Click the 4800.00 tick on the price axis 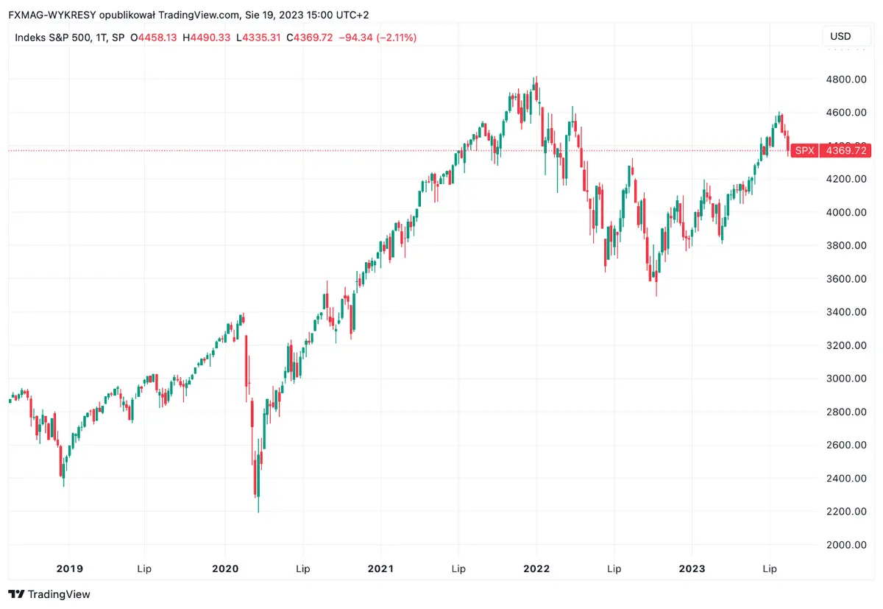845,80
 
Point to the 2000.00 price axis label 845,545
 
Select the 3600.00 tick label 845,279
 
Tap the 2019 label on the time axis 69,568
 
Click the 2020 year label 224,568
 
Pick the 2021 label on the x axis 380,568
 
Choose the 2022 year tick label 536,568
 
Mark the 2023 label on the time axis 692,568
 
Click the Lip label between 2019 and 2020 146,568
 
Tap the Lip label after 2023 769,568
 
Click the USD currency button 840,37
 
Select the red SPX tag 806,151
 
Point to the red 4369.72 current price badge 846,151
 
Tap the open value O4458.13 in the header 153,38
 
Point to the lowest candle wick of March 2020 258,511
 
